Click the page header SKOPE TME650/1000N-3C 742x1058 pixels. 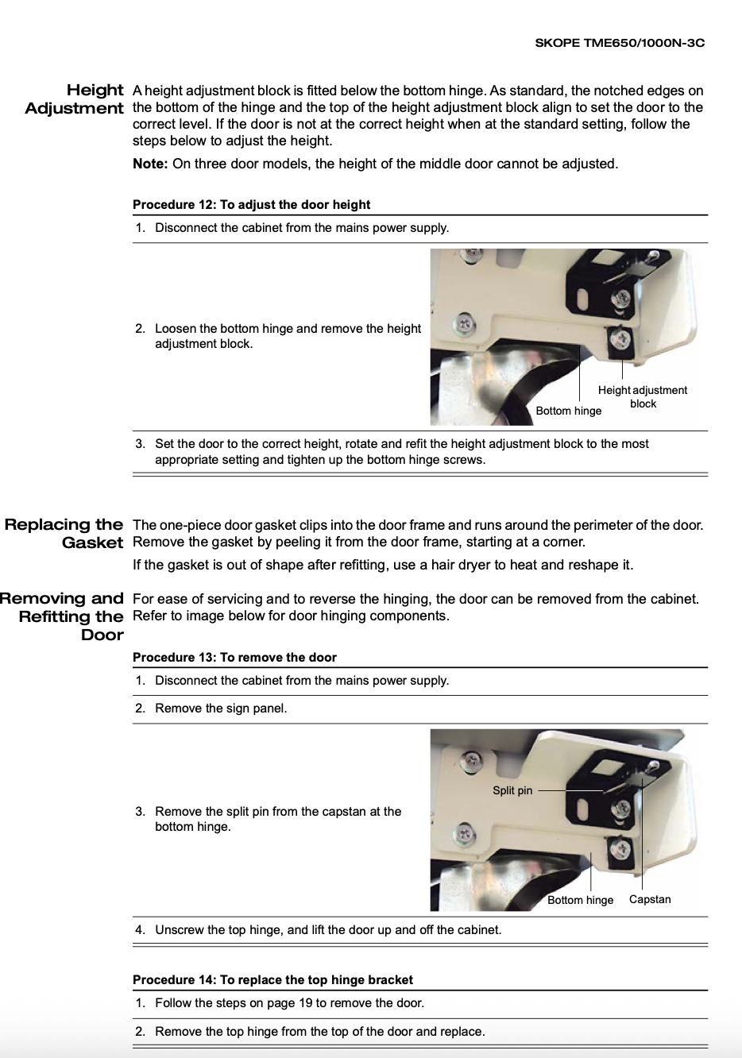(x=619, y=43)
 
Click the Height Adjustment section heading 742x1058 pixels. (x=75, y=99)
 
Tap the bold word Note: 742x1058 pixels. (x=150, y=164)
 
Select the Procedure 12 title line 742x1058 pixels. (x=251, y=205)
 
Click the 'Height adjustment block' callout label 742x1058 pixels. (x=642, y=396)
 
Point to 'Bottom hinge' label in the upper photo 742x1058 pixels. (x=568, y=411)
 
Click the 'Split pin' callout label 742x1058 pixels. (x=512, y=790)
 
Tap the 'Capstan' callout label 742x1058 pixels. (x=649, y=899)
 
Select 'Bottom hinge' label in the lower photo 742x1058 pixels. (x=580, y=900)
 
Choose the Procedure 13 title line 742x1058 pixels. (x=234, y=658)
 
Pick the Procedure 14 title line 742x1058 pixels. (x=272, y=980)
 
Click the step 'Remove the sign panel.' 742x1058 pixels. (x=221, y=709)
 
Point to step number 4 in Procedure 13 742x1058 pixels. (x=140, y=930)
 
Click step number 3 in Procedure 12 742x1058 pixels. (x=140, y=444)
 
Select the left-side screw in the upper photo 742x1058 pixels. (x=464, y=324)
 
